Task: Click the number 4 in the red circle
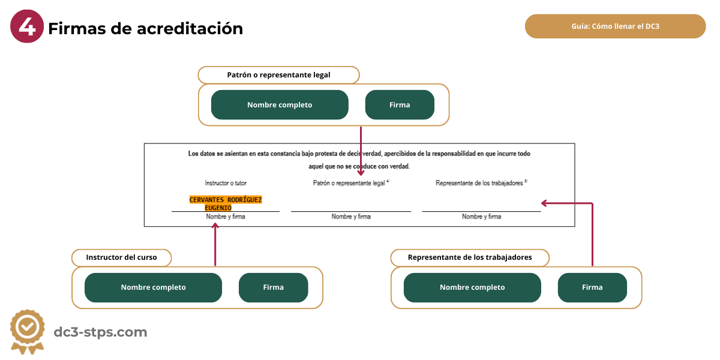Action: [x=27, y=28]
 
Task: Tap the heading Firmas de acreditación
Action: [x=145, y=28]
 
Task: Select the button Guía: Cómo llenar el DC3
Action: [x=615, y=26]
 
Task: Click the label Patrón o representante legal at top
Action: [x=278, y=75]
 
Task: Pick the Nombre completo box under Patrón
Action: [x=280, y=105]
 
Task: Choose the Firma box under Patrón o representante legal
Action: [x=400, y=105]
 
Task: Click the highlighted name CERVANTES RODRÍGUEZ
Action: [x=226, y=200]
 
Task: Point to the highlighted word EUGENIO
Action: [x=218, y=208]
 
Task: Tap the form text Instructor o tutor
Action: [x=226, y=183]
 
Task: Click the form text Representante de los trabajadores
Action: [x=480, y=183]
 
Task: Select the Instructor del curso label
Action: [x=121, y=257]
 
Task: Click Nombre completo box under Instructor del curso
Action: [x=153, y=287]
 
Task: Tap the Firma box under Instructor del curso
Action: [x=273, y=287]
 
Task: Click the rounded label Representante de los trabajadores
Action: [x=469, y=257]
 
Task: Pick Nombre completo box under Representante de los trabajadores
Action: [x=472, y=287]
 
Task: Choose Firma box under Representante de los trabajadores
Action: [x=592, y=287]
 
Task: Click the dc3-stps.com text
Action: [x=100, y=332]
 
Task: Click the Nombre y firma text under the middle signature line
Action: [x=351, y=217]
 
